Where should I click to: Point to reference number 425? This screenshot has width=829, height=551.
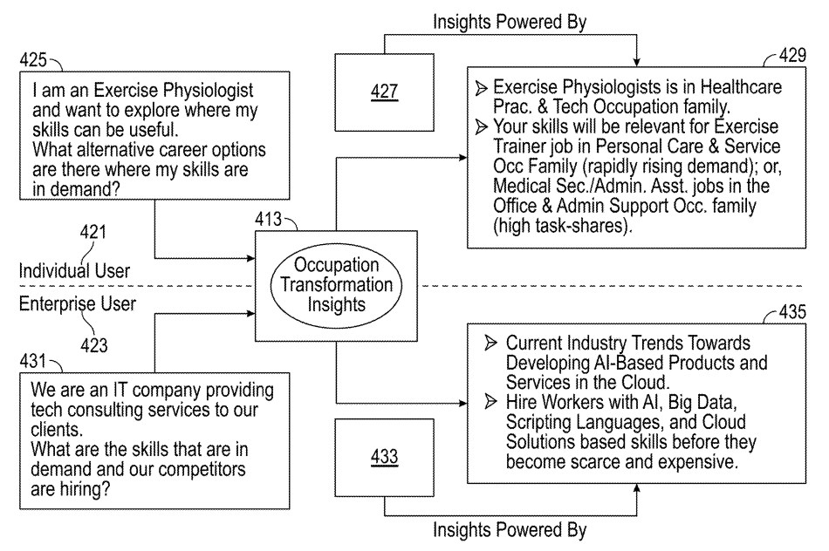(x=36, y=62)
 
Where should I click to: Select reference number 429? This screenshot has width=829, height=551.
(x=792, y=55)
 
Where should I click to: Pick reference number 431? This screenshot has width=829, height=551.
(x=36, y=358)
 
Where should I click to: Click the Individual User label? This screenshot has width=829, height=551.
(x=74, y=271)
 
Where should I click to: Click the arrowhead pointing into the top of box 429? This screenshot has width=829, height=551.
(x=636, y=59)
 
